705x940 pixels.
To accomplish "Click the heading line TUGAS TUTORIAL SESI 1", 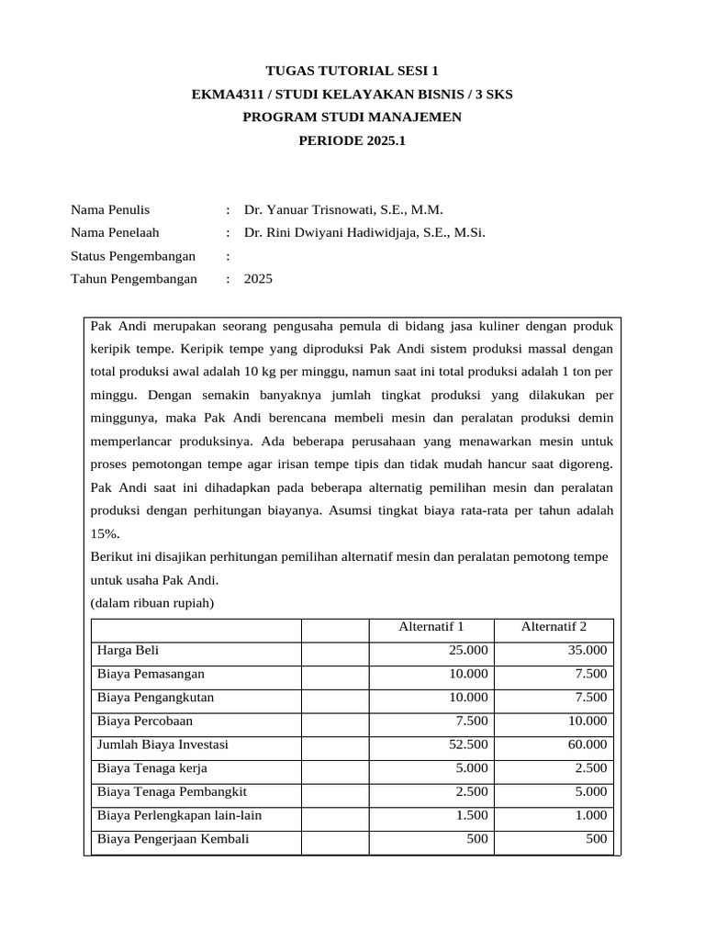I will tap(352, 71).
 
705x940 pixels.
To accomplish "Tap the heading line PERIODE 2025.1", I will tap(352, 140).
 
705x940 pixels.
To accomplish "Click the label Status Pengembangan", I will tap(134, 256).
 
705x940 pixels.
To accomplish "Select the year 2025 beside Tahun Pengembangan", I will tap(258, 279).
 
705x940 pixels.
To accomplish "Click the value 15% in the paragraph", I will tap(105, 533).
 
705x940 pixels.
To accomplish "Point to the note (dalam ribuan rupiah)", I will tap(152, 603).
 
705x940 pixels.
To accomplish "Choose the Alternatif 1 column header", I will tap(431, 627).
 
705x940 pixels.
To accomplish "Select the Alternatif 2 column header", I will tap(554, 627).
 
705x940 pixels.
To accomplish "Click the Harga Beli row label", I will tap(129, 651).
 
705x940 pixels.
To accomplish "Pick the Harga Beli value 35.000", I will tap(587, 651).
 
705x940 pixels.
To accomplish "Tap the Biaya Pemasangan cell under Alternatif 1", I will tap(469, 674).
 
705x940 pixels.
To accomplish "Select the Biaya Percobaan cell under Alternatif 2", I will tap(587, 722).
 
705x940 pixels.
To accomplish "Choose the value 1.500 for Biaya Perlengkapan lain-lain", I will tap(473, 815).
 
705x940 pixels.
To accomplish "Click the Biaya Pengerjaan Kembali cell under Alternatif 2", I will tap(597, 839).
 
